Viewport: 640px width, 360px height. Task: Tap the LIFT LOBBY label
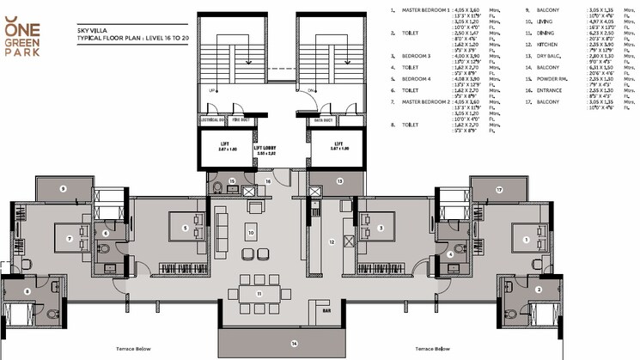[264, 149]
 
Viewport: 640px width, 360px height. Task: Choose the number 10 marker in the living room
[251, 232]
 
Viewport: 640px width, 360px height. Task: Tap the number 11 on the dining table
[257, 293]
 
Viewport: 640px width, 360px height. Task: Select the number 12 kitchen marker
[330, 241]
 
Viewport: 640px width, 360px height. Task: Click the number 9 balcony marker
[63, 187]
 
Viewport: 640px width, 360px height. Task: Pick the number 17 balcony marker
[498, 190]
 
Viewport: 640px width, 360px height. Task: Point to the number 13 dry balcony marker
[339, 180]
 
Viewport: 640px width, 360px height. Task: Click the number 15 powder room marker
[232, 181]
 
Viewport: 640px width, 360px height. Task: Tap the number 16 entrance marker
[268, 181]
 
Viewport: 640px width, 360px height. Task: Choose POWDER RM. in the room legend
[552, 78]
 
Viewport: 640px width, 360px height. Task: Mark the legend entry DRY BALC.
[550, 53]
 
